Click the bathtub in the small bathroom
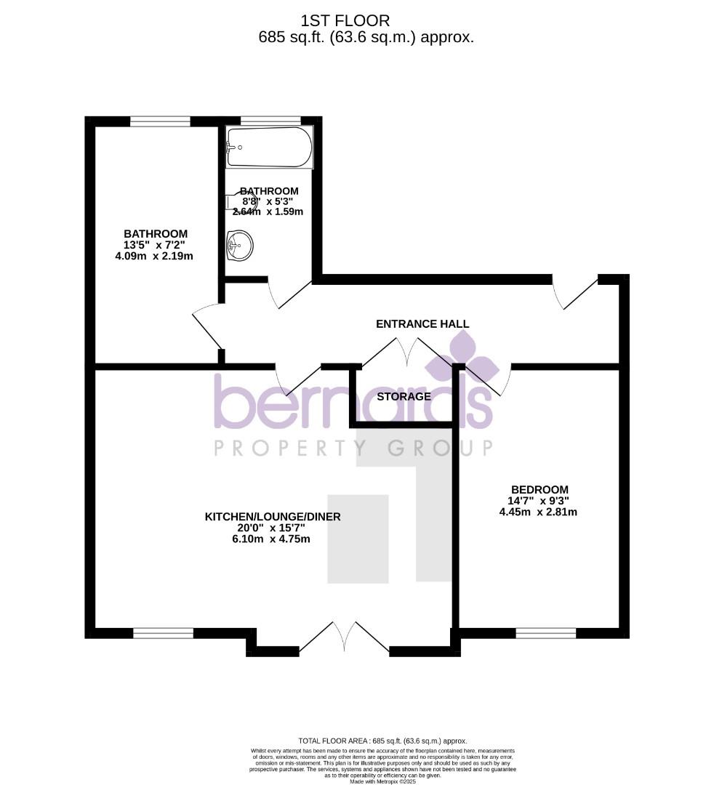pos(269,148)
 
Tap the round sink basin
pos(239,245)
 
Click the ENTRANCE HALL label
pos(422,324)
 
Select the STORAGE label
pos(404,397)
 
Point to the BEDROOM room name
pos(539,490)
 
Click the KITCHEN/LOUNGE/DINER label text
pos(273,517)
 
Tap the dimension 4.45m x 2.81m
pos(538,512)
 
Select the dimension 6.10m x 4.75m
pos(273,539)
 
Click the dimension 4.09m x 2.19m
pos(154,256)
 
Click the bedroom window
pos(545,633)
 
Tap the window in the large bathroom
pos(160,121)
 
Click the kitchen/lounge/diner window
pos(164,633)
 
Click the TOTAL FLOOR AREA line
pos(382,741)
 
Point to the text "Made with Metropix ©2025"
pos(382,781)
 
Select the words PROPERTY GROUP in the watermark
pos(353,448)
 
